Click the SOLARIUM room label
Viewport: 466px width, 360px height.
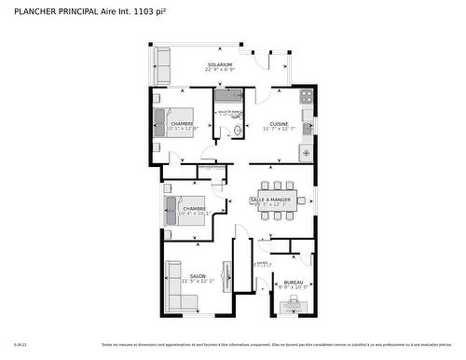220,64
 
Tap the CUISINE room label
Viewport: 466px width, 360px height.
279,123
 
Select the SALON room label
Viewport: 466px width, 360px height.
198,276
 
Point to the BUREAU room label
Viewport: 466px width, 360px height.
293,281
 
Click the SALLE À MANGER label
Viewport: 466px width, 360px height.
270,199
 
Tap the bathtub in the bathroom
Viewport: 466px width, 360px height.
228,95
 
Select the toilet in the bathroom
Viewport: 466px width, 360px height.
239,131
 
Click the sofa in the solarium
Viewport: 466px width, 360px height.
163,66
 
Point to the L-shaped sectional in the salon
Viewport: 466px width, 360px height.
177,289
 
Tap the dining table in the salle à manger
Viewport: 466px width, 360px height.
278,200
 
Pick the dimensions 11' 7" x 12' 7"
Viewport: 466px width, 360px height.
279,130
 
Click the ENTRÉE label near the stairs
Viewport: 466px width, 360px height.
262,263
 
